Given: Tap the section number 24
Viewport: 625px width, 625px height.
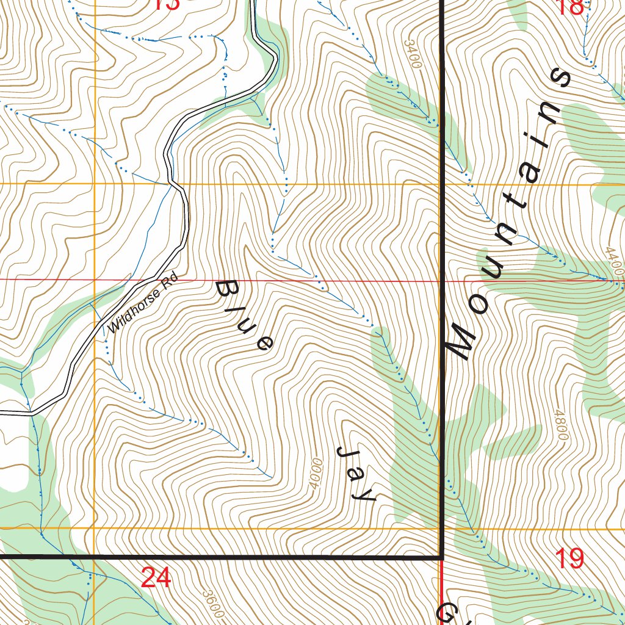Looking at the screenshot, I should click(155, 577).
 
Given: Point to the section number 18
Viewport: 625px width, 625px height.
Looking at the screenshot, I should click(571, 6).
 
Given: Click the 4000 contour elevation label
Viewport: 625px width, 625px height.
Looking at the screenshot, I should click(316, 474).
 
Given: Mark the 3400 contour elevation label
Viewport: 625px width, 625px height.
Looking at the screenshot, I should click(413, 54).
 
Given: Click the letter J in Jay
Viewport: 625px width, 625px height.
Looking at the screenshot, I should click(348, 453).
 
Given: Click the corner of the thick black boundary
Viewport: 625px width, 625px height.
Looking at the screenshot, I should click(441, 557).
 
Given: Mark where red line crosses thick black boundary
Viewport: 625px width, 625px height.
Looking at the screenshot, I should click(441, 281).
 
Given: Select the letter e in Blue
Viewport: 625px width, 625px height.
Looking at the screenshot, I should click(264, 344).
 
